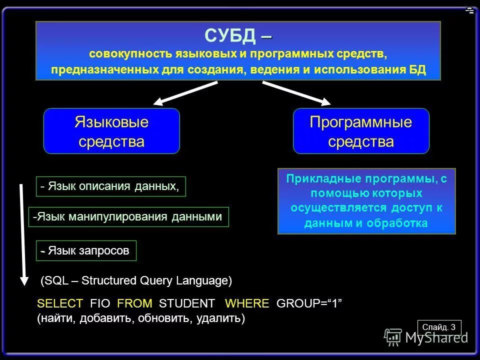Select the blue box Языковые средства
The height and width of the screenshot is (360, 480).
111,131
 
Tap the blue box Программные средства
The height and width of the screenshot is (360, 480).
360,131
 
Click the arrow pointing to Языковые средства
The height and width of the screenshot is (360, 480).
184,93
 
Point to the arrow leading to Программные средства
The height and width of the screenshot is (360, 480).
296,93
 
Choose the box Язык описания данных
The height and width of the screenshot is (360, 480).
110,186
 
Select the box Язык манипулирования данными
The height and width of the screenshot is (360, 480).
128,217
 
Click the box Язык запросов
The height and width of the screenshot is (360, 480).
86,250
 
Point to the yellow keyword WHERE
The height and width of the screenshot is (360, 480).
247,304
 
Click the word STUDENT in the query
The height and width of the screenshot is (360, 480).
186,304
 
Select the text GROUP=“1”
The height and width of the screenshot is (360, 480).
310,304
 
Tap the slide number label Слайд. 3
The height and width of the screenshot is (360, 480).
438,327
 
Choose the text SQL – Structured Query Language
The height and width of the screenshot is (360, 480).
136,281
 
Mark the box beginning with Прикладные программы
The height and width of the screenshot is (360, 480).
366,201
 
